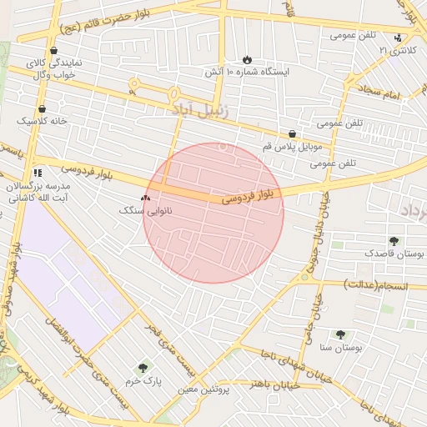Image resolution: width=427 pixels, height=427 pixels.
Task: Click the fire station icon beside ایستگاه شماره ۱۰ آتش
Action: [x=247, y=59]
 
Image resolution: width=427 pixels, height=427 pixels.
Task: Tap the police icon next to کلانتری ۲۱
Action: [x=398, y=38]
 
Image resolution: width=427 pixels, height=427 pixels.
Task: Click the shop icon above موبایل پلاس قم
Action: [x=292, y=133]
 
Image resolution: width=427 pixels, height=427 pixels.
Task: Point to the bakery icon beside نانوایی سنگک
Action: [x=146, y=198]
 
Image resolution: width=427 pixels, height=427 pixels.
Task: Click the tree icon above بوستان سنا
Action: [x=339, y=334]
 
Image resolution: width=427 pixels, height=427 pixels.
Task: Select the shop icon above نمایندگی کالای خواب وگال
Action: [x=53, y=50]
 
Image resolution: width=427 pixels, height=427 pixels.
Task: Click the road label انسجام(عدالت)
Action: [x=374, y=284]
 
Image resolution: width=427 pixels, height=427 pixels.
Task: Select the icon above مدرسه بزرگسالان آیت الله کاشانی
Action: [x=36, y=173]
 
